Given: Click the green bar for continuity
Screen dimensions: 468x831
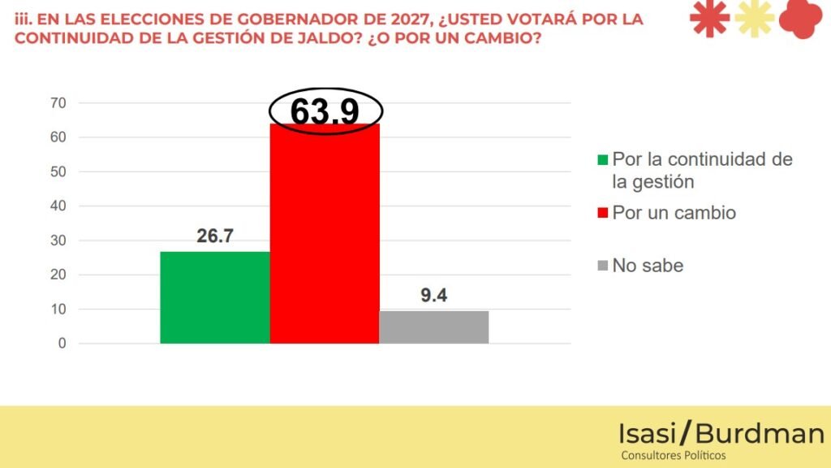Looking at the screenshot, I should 215,297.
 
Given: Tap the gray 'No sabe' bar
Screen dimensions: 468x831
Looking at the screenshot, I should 434,327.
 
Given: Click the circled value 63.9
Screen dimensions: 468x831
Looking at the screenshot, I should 325,112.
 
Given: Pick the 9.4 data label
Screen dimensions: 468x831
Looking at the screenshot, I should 434,296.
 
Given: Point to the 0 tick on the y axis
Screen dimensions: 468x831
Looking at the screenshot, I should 62,344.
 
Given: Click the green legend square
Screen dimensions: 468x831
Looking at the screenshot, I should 601,160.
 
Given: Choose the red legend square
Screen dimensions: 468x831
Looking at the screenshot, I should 601,214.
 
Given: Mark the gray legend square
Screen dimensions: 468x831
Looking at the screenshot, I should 601,266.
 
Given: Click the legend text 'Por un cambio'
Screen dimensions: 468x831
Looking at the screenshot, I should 674,213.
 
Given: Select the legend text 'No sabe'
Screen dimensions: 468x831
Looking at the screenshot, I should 648,266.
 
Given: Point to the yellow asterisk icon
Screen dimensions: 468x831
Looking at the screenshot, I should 754,18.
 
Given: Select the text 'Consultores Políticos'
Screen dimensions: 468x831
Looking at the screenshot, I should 673,456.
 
